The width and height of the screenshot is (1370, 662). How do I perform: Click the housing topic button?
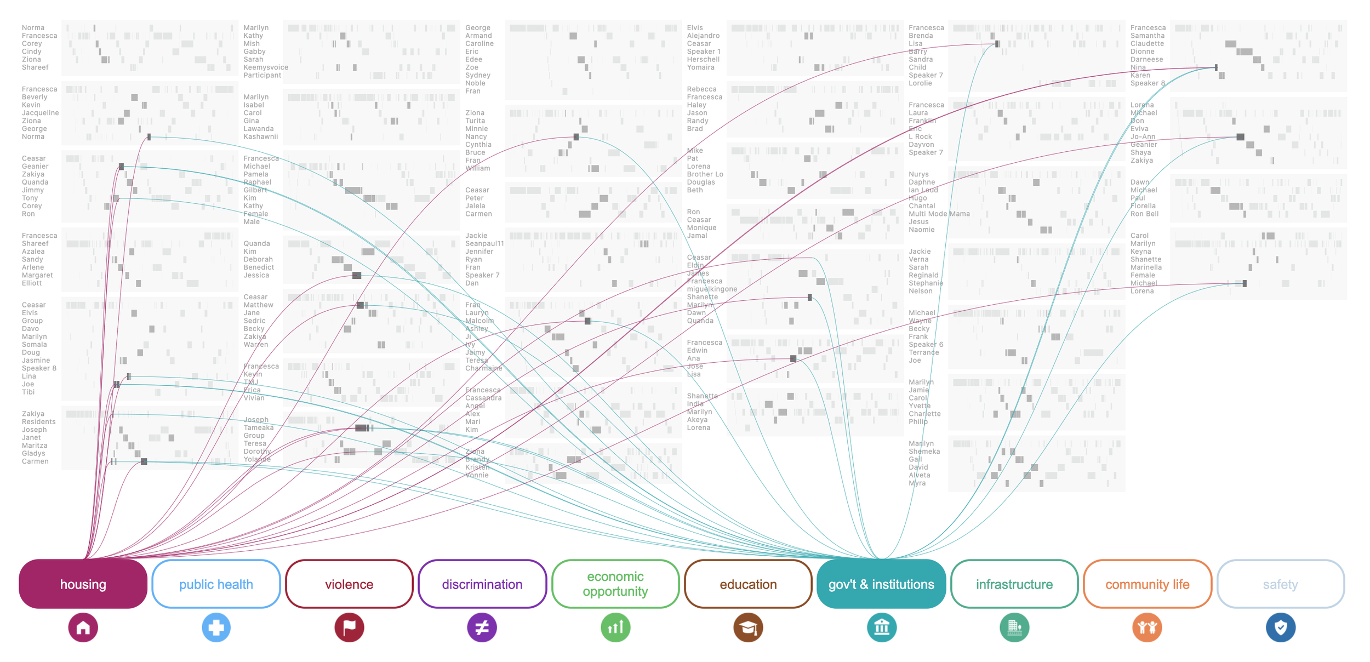click(x=83, y=584)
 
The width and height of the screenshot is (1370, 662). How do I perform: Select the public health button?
click(x=216, y=584)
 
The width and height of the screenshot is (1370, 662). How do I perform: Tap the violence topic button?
click(x=349, y=584)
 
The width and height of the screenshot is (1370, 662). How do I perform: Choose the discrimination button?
click(x=482, y=584)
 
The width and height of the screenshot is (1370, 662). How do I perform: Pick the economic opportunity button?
click(x=615, y=584)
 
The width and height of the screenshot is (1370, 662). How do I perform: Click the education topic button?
click(x=748, y=584)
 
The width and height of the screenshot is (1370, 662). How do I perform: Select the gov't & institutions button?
click(x=881, y=584)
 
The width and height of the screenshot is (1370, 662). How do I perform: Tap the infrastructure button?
click(x=1014, y=584)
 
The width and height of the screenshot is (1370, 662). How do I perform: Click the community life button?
click(x=1147, y=584)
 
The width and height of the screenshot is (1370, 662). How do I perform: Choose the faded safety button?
click(x=1280, y=584)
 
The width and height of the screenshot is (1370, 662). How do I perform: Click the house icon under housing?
click(x=83, y=627)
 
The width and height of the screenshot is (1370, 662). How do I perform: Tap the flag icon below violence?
click(x=349, y=627)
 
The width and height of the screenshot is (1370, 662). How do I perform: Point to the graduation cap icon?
click(x=748, y=627)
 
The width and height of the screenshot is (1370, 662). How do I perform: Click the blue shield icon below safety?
click(x=1280, y=627)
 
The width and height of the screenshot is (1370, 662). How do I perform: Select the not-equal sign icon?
click(x=482, y=627)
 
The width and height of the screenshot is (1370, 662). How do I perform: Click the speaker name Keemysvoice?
click(x=266, y=67)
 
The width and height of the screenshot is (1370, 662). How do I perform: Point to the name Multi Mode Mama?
click(x=939, y=214)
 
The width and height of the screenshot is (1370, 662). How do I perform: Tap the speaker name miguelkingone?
click(x=712, y=289)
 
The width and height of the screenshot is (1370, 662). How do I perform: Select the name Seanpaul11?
click(x=484, y=243)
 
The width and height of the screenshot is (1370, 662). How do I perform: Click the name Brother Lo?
click(x=705, y=174)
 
